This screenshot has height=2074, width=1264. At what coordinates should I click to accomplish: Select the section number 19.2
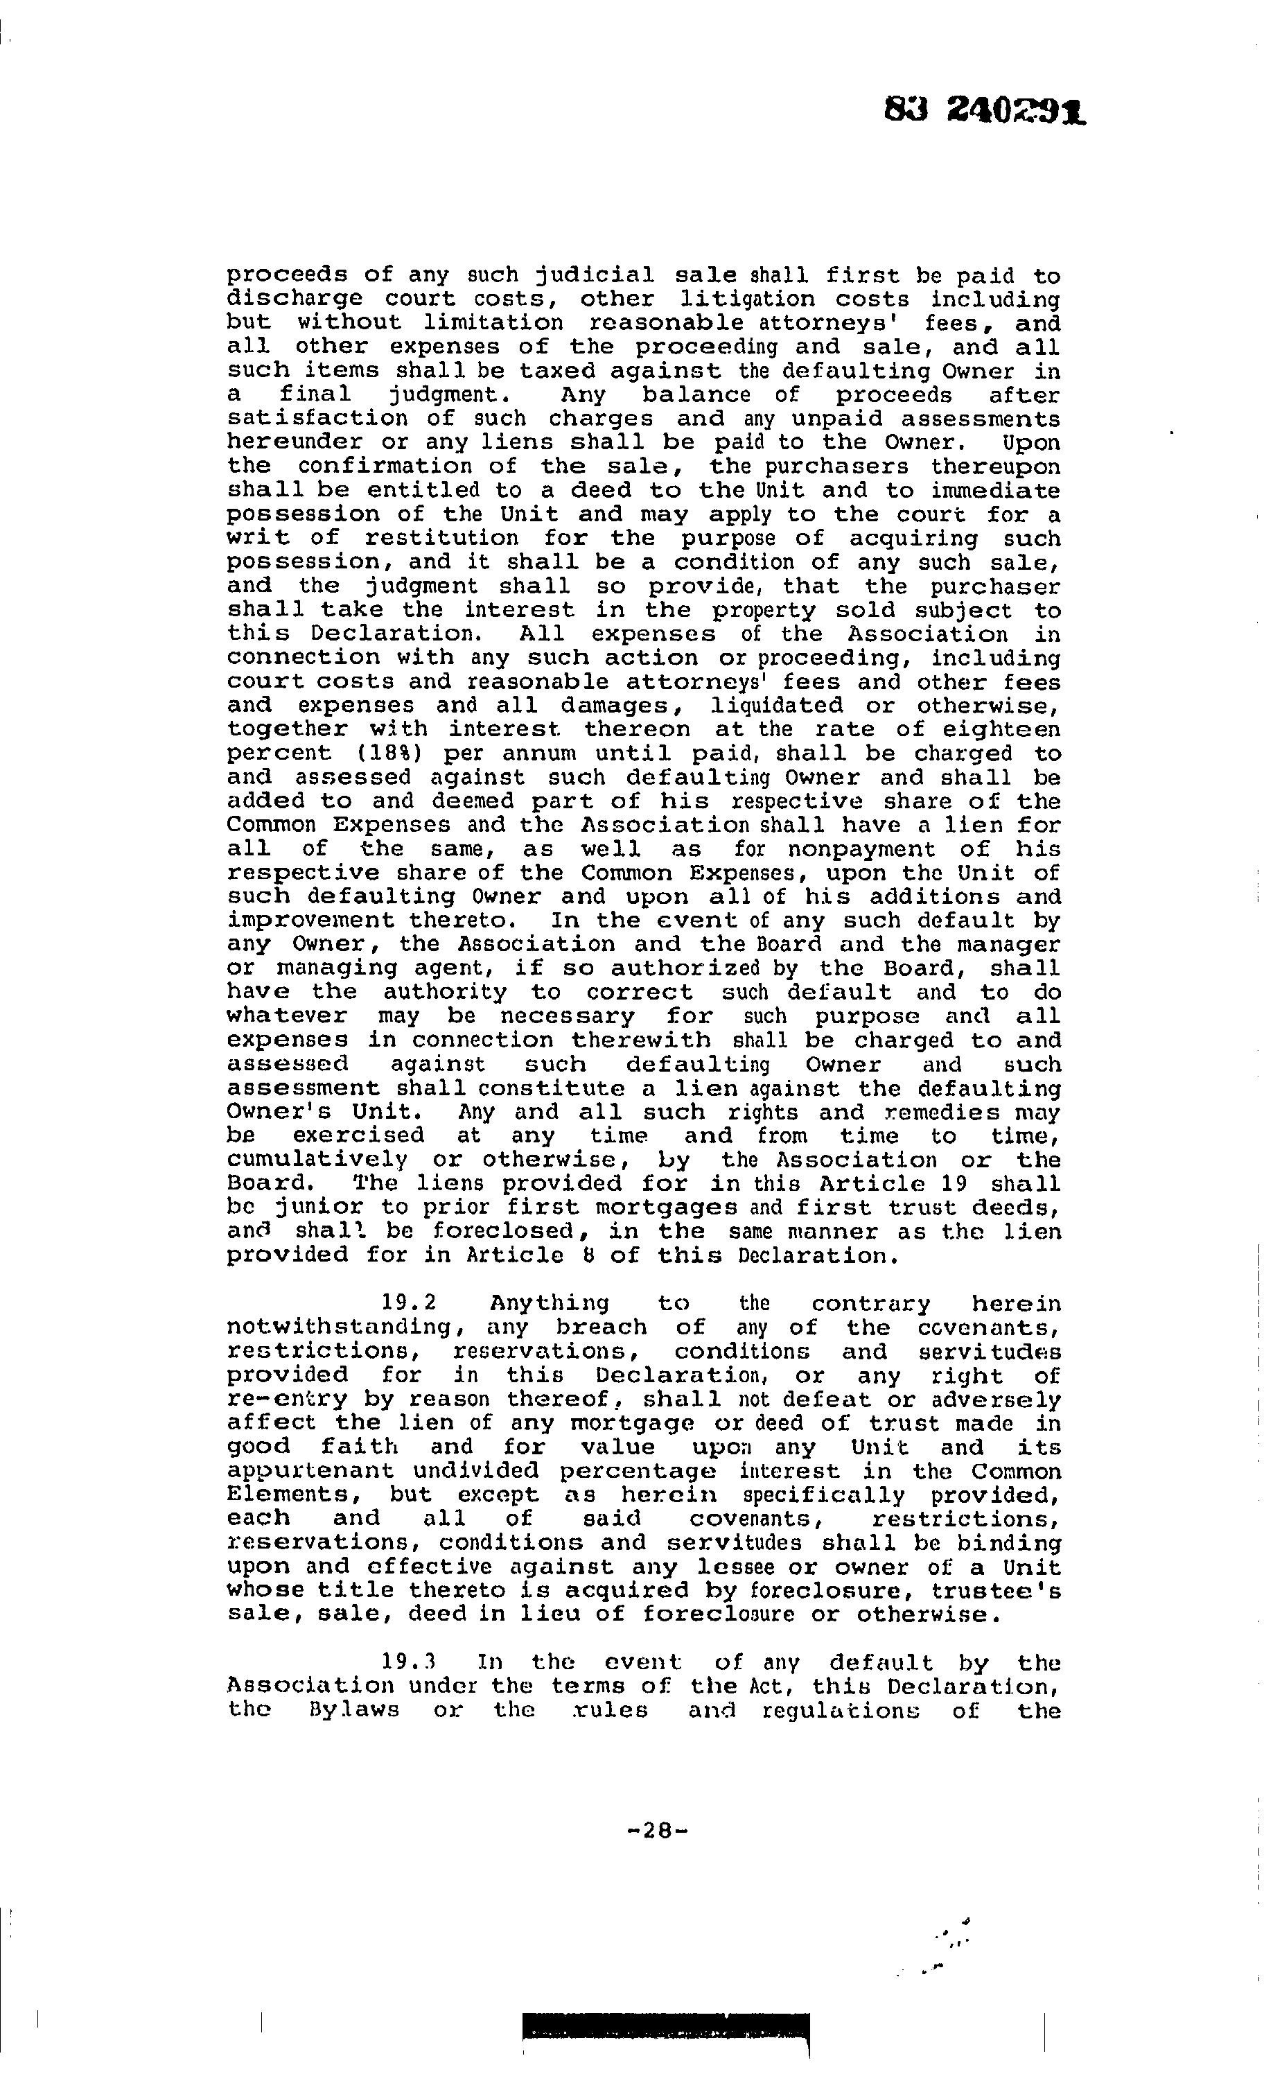pyautogui.click(x=408, y=1304)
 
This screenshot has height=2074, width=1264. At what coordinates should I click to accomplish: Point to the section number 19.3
pyautogui.click(x=408, y=1662)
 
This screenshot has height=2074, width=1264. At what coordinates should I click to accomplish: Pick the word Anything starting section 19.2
pyautogui.click(x=550, y=1304)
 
